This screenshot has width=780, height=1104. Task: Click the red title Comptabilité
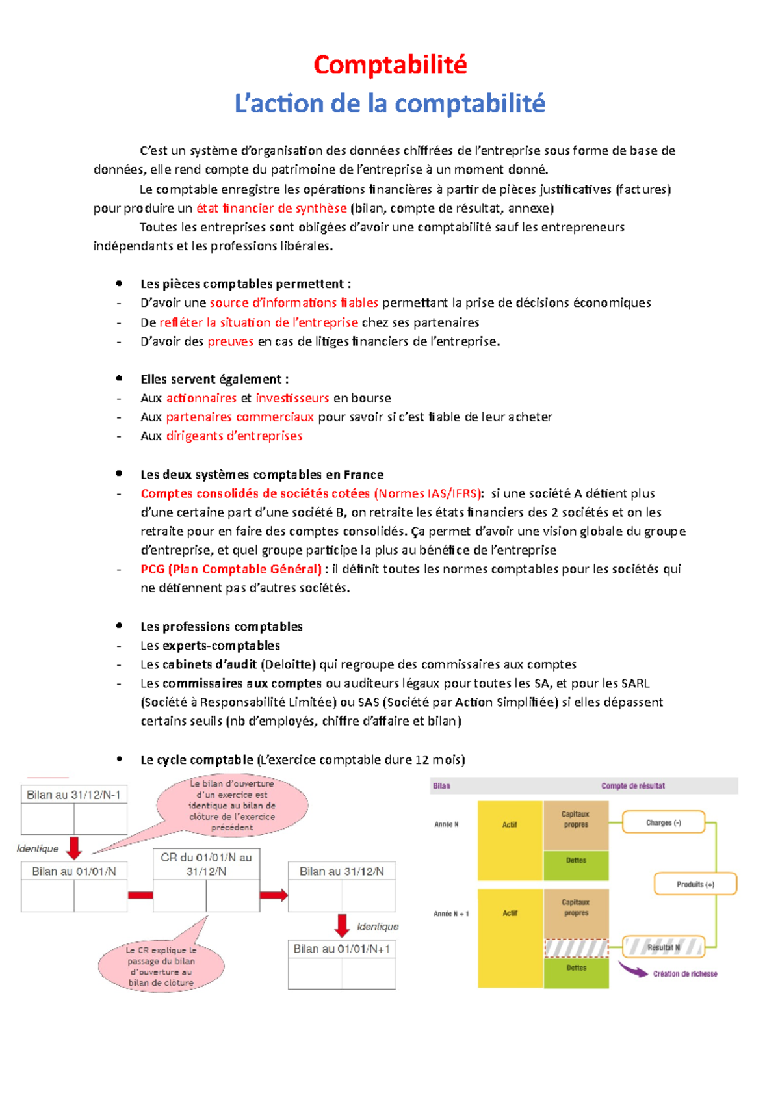pos(390,65)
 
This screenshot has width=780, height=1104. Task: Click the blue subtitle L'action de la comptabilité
pos(390,103)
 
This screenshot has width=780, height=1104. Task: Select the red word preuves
pos(230,341)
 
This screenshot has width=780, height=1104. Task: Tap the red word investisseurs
pos(292,398)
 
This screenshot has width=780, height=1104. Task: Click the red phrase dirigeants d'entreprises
pos(234,436)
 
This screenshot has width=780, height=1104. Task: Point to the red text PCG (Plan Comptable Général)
pos(231,569)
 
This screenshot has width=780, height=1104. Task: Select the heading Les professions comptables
pos(222,627)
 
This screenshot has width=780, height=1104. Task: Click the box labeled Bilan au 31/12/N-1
pos(73,795)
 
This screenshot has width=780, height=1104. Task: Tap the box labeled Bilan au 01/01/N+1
pos(342,949)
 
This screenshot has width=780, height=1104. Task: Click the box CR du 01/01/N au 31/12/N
pos(206,865)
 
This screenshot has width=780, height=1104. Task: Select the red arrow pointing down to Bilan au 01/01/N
pos(75,848)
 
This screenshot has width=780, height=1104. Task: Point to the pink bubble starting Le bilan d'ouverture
pos(232,805)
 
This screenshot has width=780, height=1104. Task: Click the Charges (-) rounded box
pos(663,822)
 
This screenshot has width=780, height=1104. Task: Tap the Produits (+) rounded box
pos(695,884)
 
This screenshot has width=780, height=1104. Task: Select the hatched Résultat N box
pos(663,947)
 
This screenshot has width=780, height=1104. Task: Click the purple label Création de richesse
pos(685,973)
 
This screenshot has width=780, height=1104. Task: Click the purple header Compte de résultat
pos(633,786)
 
